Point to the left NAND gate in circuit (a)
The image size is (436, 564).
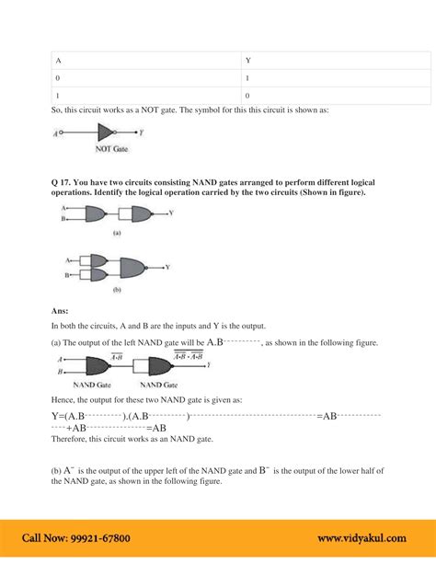pyautogui.click(x=96, y=214)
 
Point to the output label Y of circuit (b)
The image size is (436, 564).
pyautogui.click(x=166, y=268)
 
